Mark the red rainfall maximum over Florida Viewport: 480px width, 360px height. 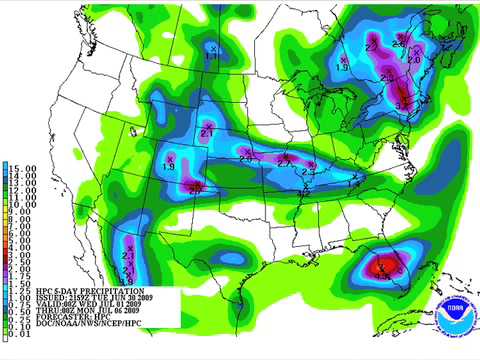point(381,268)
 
